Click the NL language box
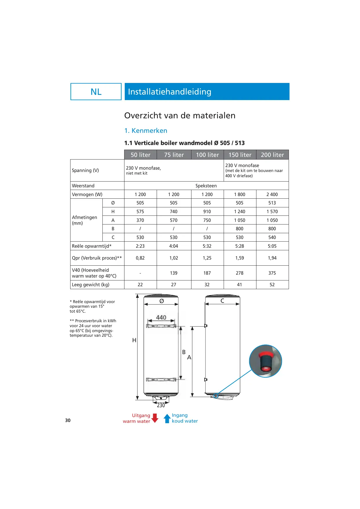(96, 92)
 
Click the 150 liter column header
(240, 155)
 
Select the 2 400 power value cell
(272, 194)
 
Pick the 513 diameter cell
(272, 203)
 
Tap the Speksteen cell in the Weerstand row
(206, 186)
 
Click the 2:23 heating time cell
(140, 246)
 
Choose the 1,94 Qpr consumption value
(272, 258)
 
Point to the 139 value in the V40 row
(174, 273)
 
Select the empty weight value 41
(240, 285)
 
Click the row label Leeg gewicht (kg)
(91, 285)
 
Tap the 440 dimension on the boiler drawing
(161, 318)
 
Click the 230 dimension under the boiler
(161, 405)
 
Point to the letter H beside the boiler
(134, 340)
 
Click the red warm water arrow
(155, 418)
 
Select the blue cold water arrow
(167, 418)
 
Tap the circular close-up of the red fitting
(265, 361)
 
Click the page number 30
(68, 420)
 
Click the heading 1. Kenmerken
(146, 131)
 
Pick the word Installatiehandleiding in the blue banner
(170, 92)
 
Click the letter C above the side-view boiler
(222, 301)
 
